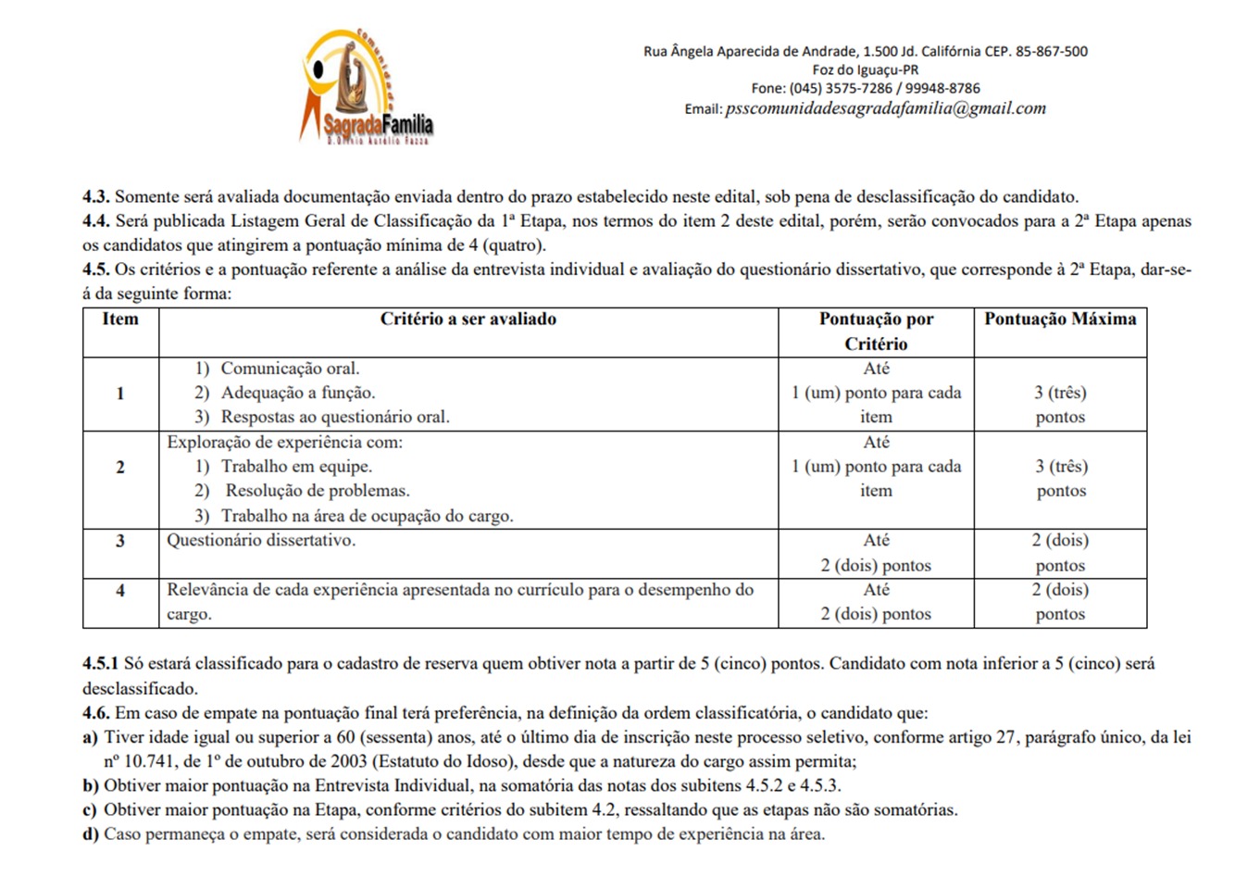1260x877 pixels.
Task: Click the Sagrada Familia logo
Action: pos(368,87)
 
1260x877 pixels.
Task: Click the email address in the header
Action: pos(885,108)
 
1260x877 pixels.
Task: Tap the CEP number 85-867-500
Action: pos(1051,52)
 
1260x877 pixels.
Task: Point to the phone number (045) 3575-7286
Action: pos(840,89)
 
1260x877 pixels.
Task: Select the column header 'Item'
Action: pos(120,319)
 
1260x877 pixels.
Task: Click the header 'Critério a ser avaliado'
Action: pos(468,319)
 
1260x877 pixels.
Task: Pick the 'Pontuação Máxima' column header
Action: pos(1060,319)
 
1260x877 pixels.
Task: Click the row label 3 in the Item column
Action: pos(120,541)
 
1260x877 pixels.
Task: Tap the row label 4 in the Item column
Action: pos(120,590)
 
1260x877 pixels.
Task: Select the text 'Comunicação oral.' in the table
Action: pos(290,369)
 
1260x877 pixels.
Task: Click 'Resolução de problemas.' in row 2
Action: pos(318,491)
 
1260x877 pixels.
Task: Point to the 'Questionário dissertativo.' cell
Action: pos(261,541)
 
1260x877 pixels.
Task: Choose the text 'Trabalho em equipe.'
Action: pos(296,467)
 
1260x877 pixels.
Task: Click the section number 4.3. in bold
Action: pos(96,197)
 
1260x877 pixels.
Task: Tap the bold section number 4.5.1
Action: pos(101,664)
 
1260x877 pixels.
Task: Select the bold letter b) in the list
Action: pos(91,786)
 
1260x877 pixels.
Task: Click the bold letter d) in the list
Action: pos(91,834)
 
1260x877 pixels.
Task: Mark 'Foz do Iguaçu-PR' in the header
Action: pos(865,70)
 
